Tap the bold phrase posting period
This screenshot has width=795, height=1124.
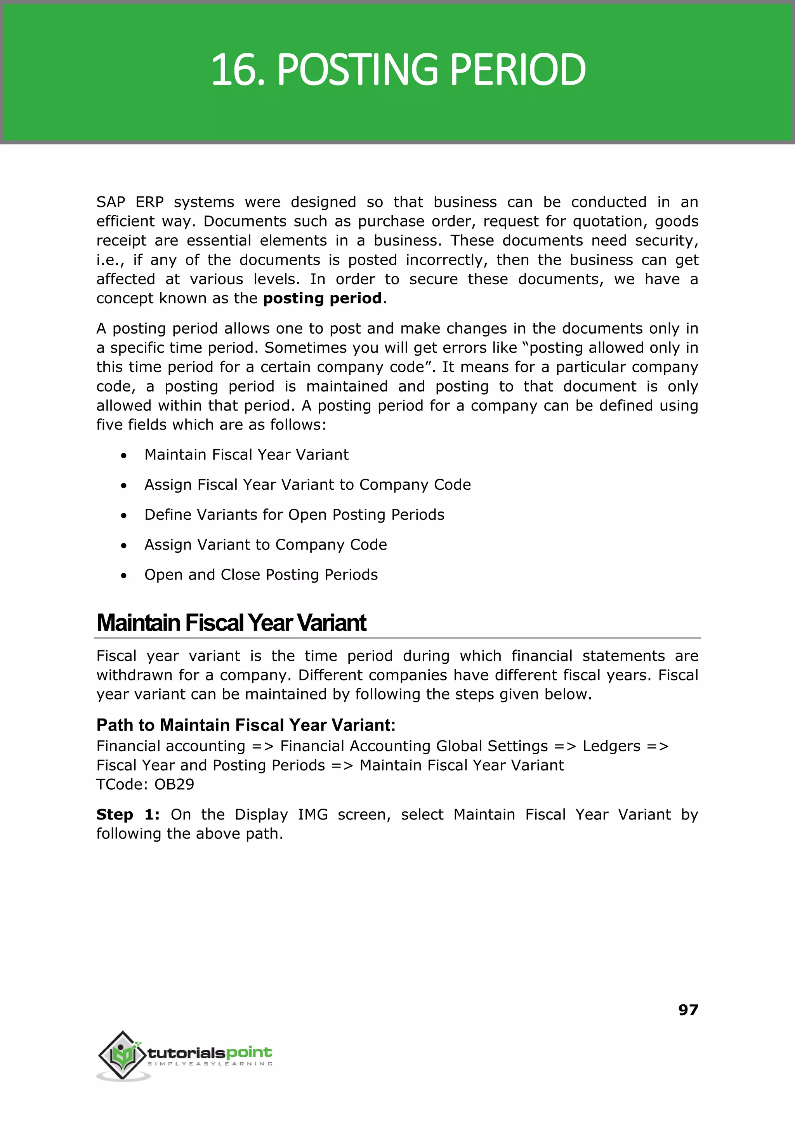pos(322,298)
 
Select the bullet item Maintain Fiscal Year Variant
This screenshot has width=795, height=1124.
pos(246,454)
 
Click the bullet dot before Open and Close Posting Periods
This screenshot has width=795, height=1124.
pos(124,576)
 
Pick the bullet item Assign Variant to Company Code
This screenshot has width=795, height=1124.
pos(266,545)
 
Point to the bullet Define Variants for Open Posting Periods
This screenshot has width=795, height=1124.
pos(294,515)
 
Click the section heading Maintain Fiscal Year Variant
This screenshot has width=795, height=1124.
pos(231,623)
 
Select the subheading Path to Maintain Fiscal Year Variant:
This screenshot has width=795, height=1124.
pos(246,725)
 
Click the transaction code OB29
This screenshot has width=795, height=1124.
pos(174,784)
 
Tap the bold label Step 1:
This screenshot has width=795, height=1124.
pos(128,814)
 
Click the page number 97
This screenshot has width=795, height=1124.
pos(688,1009)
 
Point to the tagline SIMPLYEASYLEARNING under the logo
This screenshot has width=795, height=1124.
pos(210,1064)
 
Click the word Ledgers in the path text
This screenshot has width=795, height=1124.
pos(611,746)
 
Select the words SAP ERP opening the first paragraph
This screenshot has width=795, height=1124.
pos(130,202)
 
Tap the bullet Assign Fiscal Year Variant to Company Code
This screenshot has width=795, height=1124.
pos(307,485)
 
